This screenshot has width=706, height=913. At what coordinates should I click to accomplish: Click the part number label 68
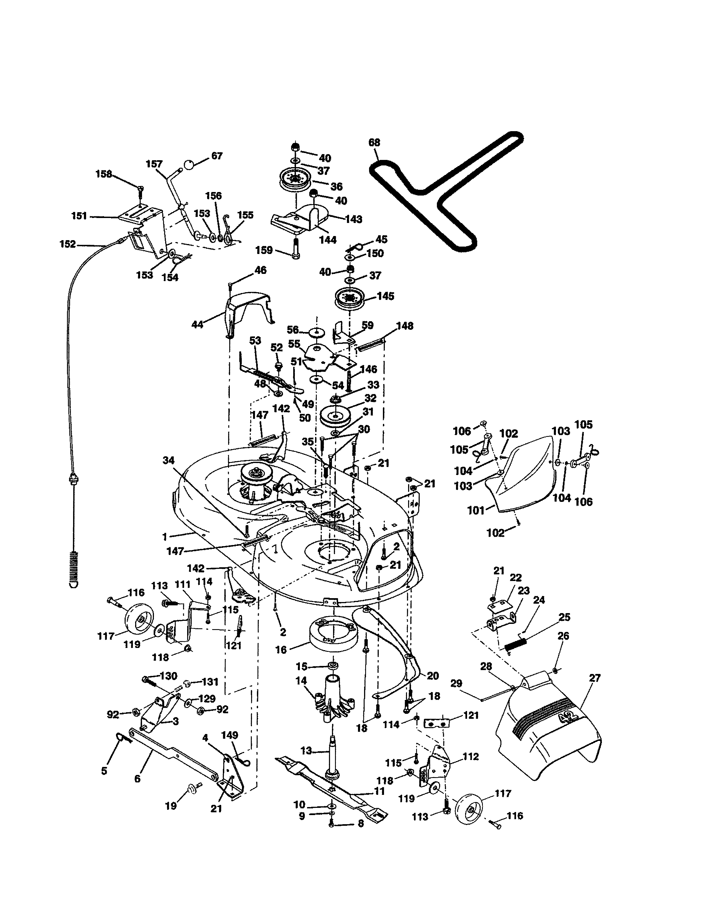374,142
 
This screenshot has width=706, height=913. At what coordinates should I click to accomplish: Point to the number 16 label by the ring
281,650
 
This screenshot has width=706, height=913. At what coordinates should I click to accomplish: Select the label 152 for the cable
68,244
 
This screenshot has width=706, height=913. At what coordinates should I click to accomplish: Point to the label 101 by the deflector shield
476,510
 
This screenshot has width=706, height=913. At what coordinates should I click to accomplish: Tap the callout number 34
169,460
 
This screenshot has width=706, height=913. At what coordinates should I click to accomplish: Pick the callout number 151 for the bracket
79,216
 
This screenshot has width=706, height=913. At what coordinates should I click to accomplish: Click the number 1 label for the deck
164,536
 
